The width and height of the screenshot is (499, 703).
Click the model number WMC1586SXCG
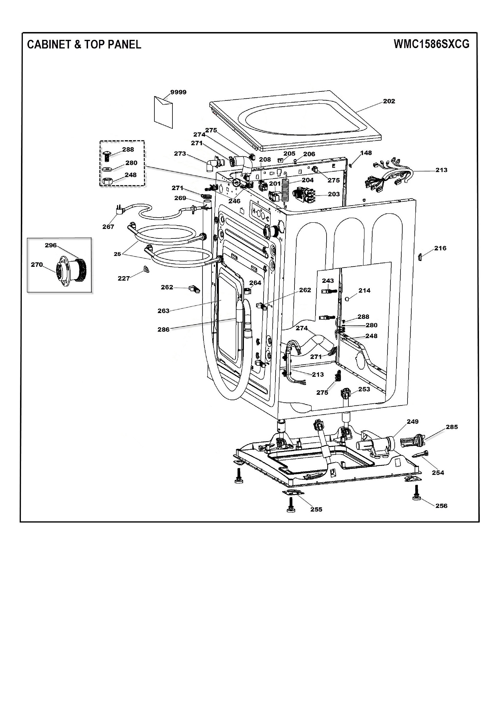431,44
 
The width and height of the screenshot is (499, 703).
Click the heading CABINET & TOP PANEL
84,44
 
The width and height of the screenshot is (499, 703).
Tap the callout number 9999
179,92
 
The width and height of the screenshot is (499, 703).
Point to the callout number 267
108,227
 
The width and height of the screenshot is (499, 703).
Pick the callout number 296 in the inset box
51,245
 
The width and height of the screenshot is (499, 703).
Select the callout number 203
334,194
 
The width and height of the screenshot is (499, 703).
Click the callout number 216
440,248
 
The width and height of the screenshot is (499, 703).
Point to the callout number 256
441,506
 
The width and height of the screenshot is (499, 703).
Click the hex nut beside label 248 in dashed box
106,181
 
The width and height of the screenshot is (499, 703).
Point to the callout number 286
164,329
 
